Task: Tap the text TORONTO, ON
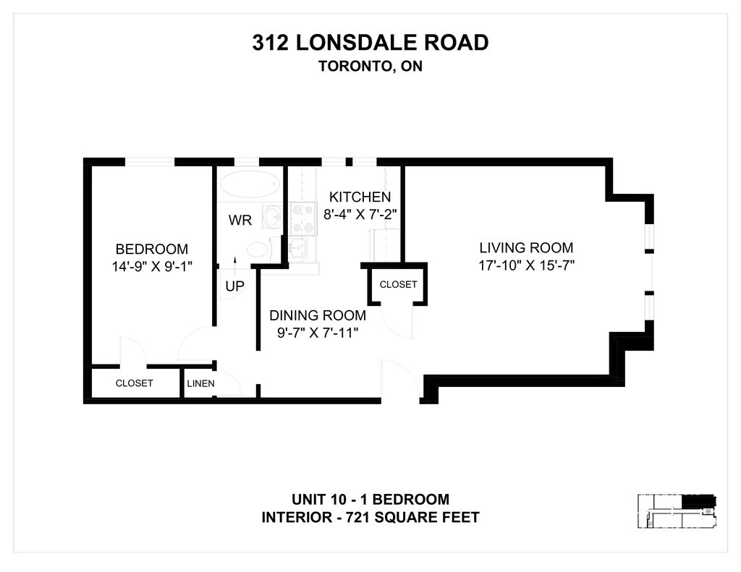coord(370,66)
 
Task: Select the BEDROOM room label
coord(152,249)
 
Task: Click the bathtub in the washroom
coord(250,184)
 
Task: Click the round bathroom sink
coord(274,215)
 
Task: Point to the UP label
coord(234,286)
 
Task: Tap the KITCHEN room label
coord(360,197)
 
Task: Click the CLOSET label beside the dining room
coord(398,284)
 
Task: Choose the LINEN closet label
coord(200,383)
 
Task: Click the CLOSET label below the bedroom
coord(134,383)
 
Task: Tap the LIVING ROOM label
coord(526,248)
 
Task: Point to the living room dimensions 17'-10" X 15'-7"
coord(526,265)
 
